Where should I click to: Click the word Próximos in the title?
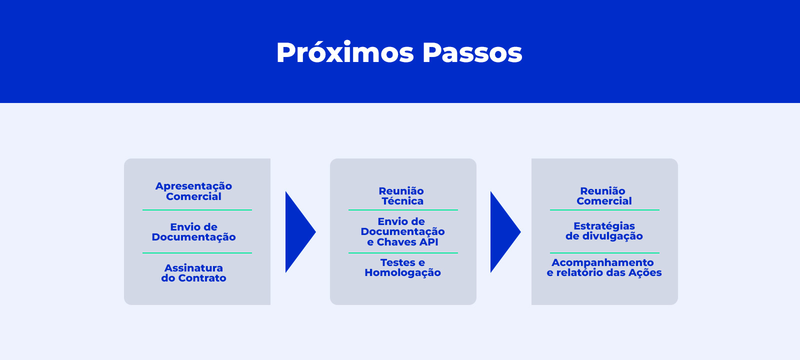point(345,53)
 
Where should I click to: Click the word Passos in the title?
point(472,53)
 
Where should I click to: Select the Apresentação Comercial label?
point(193,191)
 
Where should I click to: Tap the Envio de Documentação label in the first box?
point(193,232)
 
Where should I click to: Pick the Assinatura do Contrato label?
point(193,273)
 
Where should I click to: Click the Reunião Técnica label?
point(401,196)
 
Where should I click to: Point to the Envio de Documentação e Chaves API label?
point(402,232)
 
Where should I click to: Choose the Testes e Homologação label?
point(402,267)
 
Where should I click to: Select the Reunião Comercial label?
point(604,196)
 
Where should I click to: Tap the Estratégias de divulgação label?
point(604,231)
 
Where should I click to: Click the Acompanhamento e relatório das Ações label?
point(604,267)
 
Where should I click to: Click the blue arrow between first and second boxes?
point(300,232)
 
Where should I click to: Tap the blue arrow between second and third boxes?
point(505,232)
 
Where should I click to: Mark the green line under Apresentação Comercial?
point(197,210)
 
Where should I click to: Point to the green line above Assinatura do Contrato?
point(197,253)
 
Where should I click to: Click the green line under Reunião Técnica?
point(403,210)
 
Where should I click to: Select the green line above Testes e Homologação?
point(403,253)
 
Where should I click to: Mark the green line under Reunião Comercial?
point(604,210)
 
